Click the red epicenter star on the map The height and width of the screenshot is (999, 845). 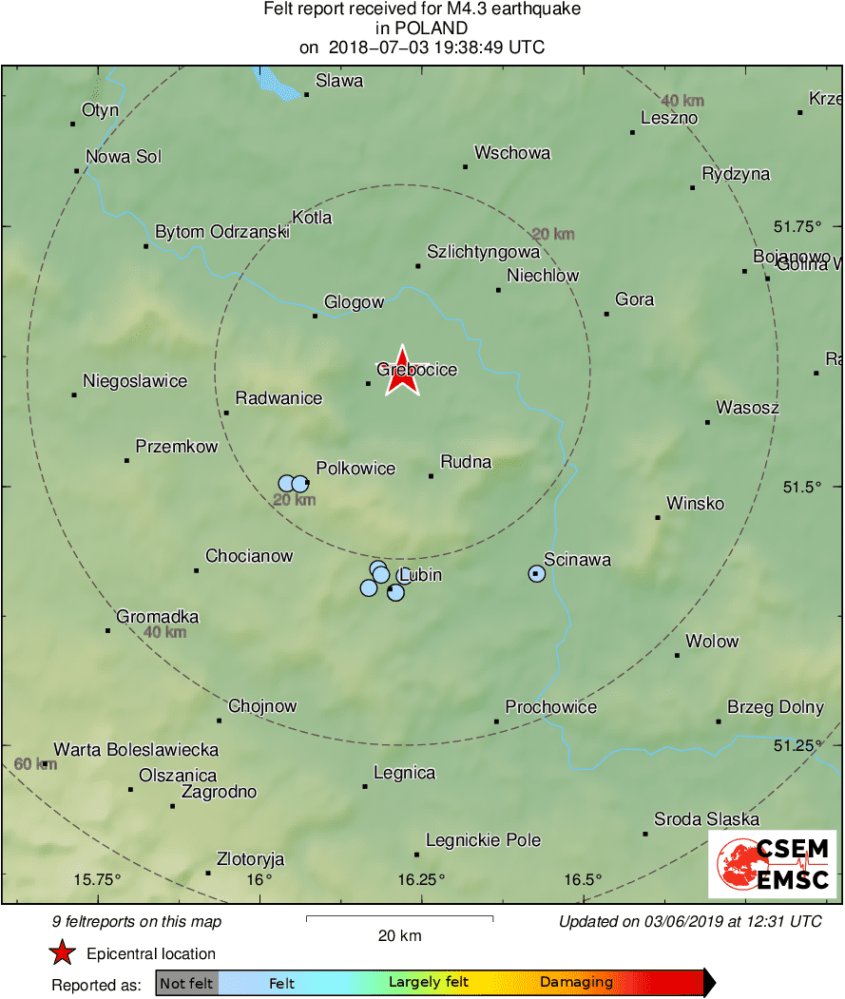(402, 371)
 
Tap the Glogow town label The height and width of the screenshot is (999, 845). (354, 302)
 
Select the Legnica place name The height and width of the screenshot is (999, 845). (404, 773)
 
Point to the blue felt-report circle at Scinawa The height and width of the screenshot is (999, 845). (536, 573)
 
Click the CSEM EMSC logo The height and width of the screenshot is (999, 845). (772, 863)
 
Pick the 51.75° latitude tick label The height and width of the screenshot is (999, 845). (797, 226)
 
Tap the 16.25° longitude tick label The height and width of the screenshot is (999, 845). (421, 879)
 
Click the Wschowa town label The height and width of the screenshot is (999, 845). (511, 153)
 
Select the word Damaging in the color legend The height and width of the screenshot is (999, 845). (576, 982)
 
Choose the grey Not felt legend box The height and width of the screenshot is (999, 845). (186, 982)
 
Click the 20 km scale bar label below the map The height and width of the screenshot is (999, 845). (399, 935)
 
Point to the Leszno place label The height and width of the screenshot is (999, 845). (669, 119)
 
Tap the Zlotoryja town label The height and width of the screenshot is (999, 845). (251, 856)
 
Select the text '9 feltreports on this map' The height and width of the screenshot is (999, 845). (137, 921)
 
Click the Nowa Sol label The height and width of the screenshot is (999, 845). (124, 157)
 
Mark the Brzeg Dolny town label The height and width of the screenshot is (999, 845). (775, 707)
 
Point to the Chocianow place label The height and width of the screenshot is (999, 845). (249, 556)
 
